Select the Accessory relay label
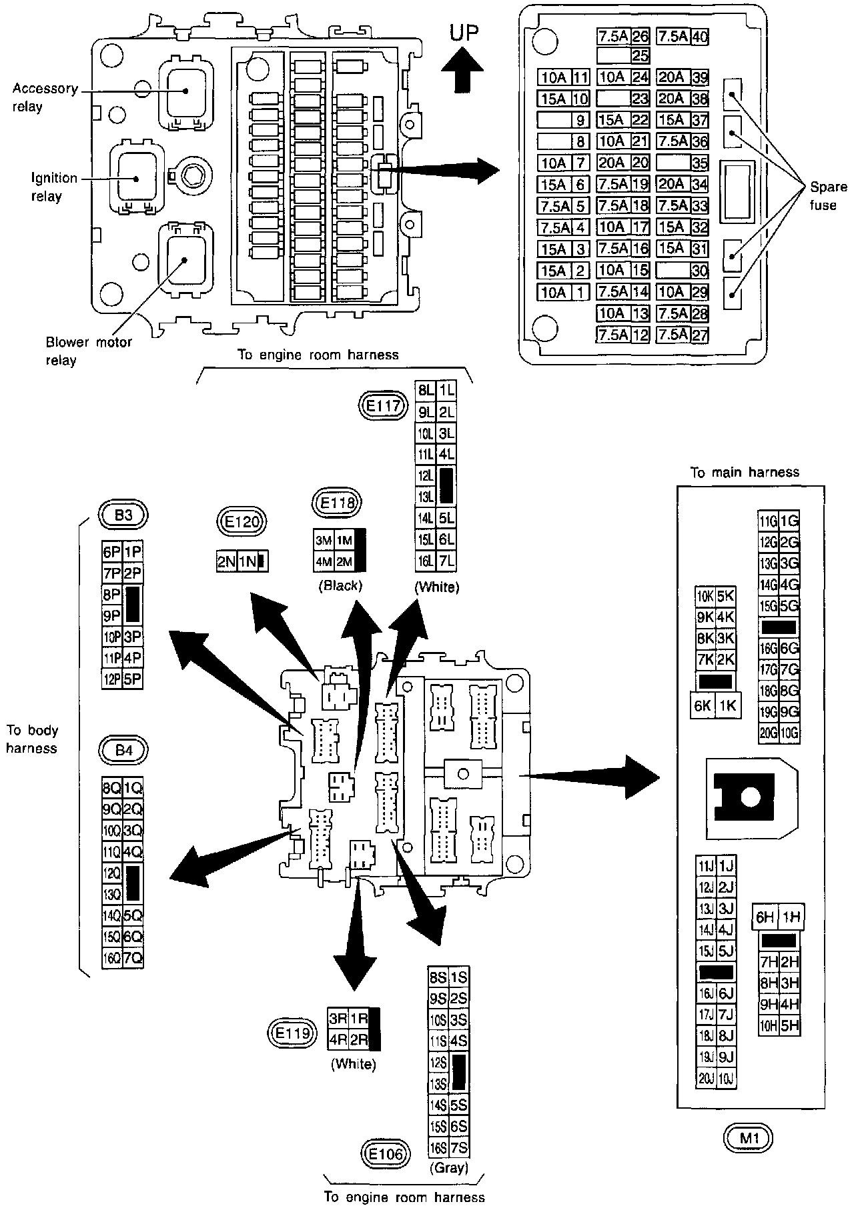pos(45,97)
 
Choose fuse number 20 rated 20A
pos(622,163)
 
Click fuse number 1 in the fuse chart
pos(564,292)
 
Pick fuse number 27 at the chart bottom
pos(682,335)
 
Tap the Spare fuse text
pos(823,195)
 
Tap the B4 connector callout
pos(123,751)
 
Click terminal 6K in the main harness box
pos(703,706)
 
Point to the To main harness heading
pos(745,473)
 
